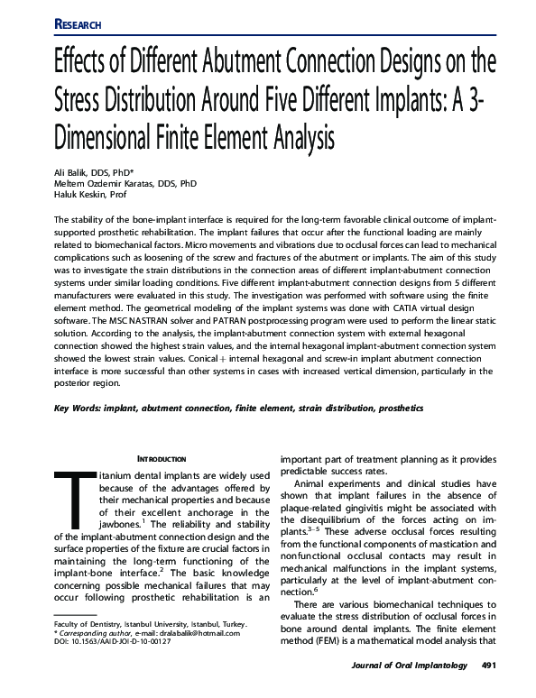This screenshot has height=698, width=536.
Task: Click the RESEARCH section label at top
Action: click(78, 23)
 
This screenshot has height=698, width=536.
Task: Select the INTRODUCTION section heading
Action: click(162, 459)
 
